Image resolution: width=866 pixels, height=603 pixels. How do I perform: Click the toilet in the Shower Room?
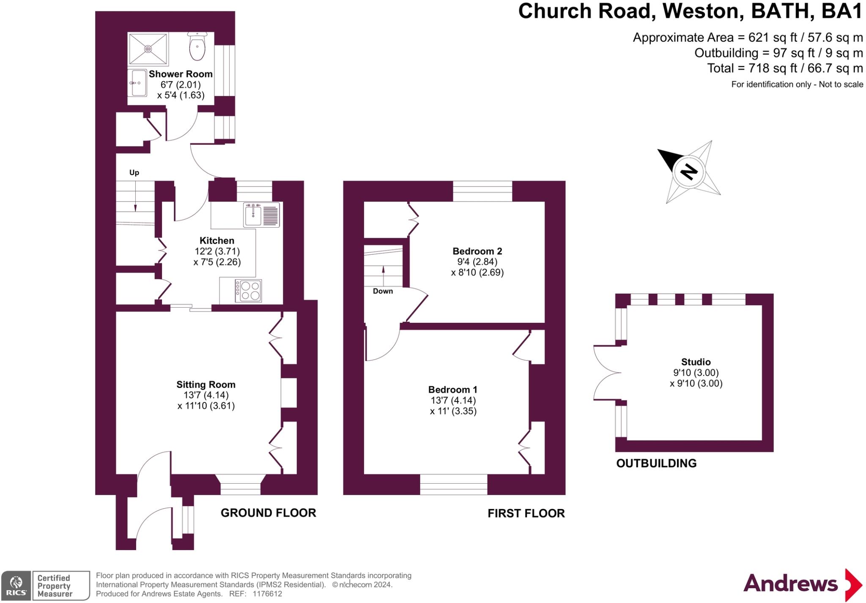(197, 46)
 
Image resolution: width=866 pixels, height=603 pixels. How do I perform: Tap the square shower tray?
(148, 49)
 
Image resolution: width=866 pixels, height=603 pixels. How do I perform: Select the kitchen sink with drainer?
(261, 215)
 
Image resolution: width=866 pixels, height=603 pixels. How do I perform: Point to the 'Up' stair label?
(134, 173)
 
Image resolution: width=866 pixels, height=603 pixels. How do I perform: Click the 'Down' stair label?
(383, 291)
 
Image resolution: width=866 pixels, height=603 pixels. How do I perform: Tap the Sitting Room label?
(206, 385)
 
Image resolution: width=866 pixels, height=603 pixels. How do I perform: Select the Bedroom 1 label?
(452, 390)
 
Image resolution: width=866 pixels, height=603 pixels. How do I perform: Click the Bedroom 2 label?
(477, 251)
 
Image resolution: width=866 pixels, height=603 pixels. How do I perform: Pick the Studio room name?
(696, 362)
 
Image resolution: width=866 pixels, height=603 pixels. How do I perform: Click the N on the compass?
(689, 172)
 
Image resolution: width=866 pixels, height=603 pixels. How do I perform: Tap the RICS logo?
(16, 586)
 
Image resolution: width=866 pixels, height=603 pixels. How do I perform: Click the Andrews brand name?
(790, 584)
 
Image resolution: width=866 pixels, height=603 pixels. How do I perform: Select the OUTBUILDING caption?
(656, 463)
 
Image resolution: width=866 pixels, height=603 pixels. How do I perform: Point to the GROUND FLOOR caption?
(268, 513)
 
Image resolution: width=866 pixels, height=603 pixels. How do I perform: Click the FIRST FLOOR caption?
(526, 513)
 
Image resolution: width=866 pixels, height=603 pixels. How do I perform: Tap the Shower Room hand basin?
(137, 83)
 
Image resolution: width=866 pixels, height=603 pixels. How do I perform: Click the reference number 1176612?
(267, 594)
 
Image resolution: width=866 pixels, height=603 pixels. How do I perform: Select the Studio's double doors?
(607, 373)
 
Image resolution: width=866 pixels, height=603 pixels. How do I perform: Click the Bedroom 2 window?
(482, 191)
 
